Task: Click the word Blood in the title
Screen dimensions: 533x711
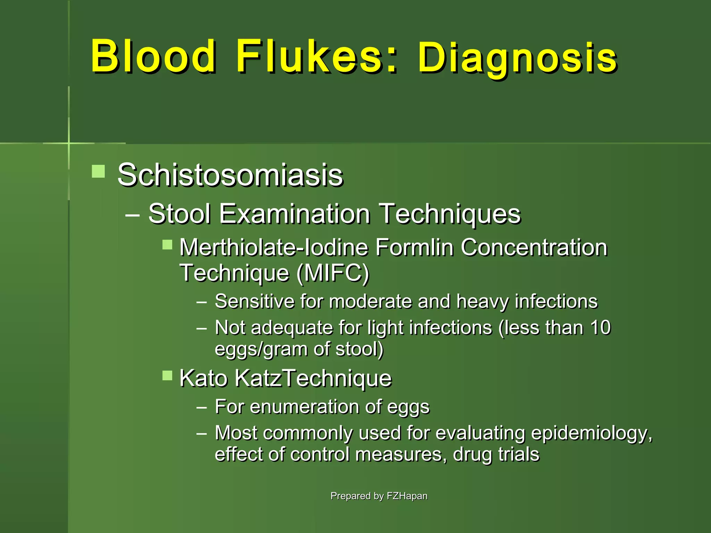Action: pos(153,56)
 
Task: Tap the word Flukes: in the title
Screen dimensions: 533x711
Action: pos(316,56)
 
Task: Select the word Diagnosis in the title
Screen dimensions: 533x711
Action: pos(517,58)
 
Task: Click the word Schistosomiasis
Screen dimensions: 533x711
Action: pos(230,175)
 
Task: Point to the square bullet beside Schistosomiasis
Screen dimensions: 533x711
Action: pos(98,171)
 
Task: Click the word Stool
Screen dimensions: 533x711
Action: pos(179,214)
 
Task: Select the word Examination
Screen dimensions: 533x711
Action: pos(295,214)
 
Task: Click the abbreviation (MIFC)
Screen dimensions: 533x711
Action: pos(333,273)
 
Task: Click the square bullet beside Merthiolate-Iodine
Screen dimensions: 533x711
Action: pos(167,245)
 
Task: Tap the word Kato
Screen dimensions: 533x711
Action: pos(203,378)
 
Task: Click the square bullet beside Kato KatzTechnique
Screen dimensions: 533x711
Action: pos(167,375)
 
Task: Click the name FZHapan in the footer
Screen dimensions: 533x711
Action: pos(407,496)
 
